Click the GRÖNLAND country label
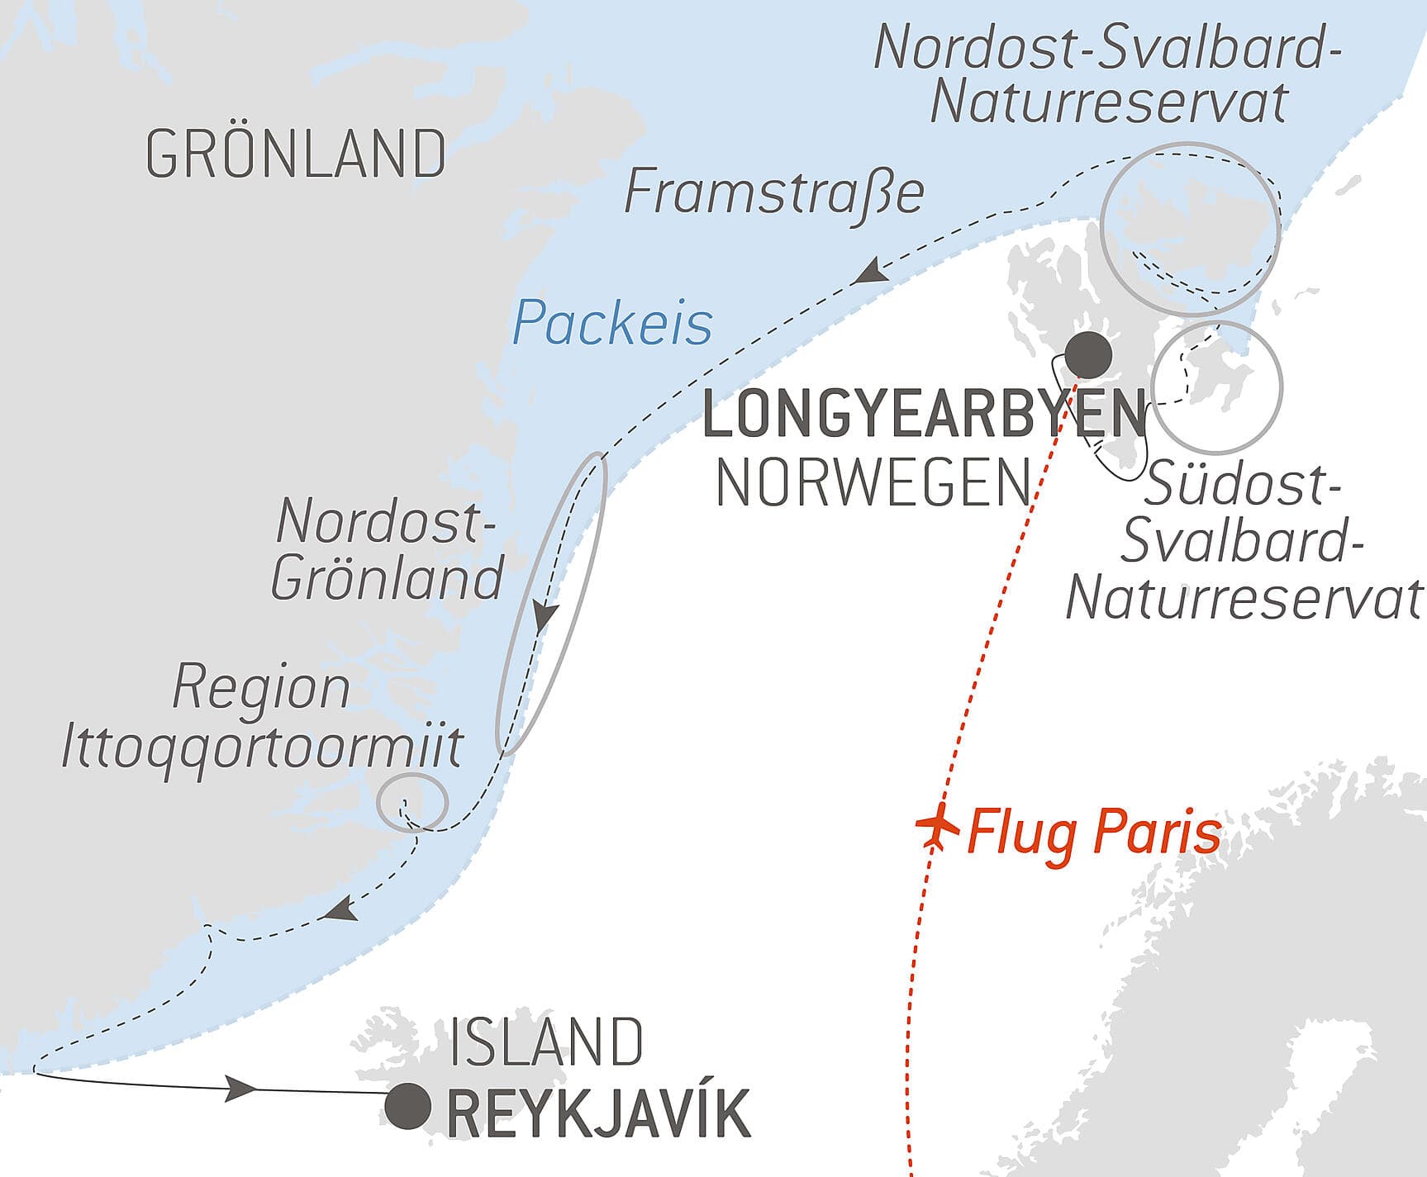295,154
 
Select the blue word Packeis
611,323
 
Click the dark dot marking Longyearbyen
1087,354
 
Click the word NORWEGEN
874,483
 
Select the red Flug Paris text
1093,833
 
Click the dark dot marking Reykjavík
409,1106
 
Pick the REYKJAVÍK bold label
598,1114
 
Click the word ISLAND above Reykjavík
546,1043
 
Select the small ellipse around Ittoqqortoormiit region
412,801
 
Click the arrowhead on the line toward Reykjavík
241,1088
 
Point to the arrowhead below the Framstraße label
870,271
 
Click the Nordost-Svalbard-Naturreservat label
1107,74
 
